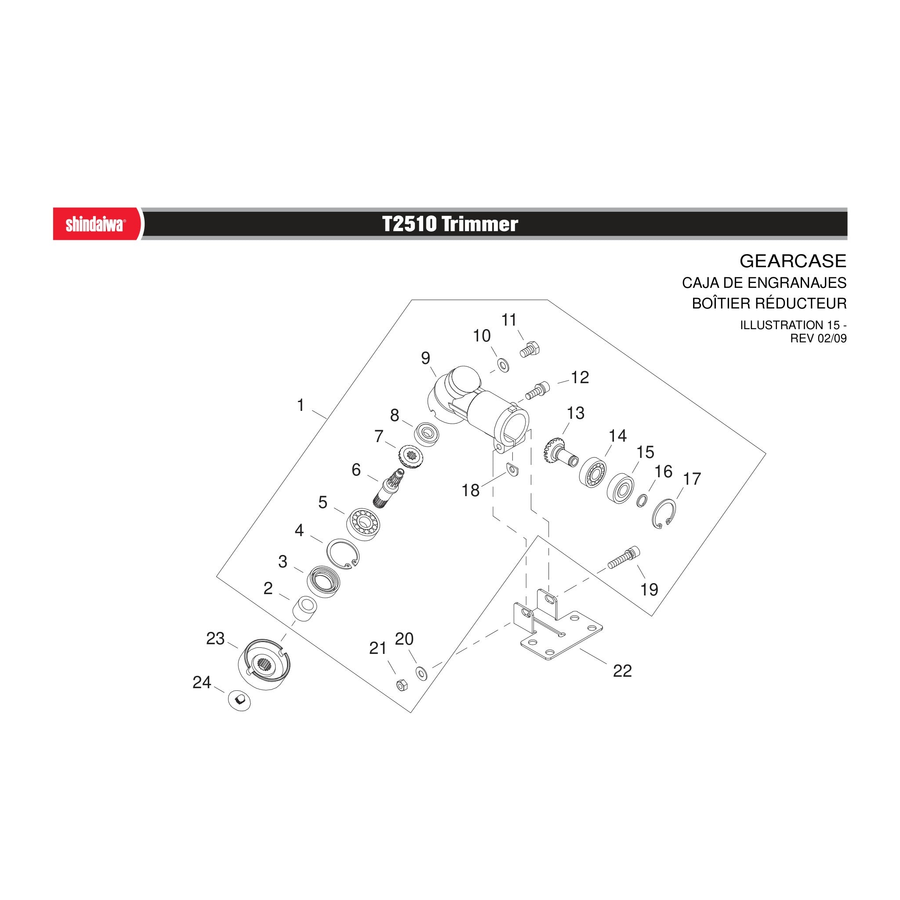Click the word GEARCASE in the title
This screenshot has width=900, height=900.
[793, 261]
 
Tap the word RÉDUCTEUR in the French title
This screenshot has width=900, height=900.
[801, 303]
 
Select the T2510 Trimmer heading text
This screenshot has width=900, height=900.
[450, 224]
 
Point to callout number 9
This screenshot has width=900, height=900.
[425, 358]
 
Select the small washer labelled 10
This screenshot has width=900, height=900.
[503, 365]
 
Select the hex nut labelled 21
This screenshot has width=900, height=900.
[402, 685]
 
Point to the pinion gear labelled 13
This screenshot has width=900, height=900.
[561, 451]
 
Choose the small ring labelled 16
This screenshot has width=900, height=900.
[642, 500]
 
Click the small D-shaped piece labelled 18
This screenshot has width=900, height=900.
[512, 470]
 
